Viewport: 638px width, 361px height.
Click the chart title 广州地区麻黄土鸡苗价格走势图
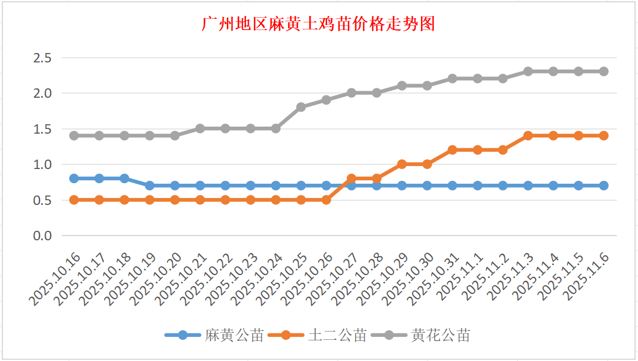tap(318, 25)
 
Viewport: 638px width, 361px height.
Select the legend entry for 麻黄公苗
tap(233, 336)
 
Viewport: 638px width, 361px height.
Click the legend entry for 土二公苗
tap(337, 336)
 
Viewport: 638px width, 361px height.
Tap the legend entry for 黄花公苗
tap(440, 336)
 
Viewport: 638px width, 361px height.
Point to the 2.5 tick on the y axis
tap(42, 58)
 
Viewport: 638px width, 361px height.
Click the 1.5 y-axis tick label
tap(42, 129)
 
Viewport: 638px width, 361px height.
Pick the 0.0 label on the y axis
tap(42, 236)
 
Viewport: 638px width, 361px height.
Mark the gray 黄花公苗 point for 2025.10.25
tap(301, 107)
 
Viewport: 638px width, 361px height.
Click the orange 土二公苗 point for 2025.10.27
tap(352, 178)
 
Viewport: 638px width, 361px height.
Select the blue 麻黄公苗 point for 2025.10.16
tap(74, 178)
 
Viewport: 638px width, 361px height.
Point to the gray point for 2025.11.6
tap(604, 71)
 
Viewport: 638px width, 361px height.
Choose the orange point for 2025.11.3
tap(528, 135)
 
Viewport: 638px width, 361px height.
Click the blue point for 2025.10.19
tap(150, 186)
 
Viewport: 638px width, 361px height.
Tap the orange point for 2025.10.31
tap(452, 150)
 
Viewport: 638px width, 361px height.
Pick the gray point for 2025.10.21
tap(200, 128)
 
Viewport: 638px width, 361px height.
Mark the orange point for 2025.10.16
tap(74, 200)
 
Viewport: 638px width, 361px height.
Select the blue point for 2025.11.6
tap(604, 186)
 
